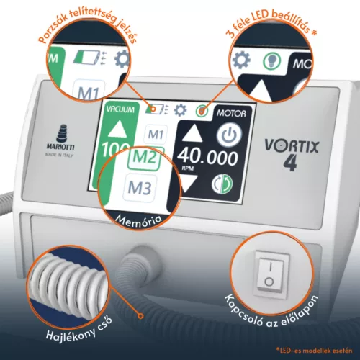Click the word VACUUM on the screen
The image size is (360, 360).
click(120, 109)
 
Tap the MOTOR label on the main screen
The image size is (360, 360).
click(231, 113)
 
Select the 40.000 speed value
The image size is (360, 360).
click(208, 158)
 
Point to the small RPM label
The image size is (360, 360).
click(188, 168)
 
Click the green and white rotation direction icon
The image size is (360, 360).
click(222, 184)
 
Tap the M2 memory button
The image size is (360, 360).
click(145, 158)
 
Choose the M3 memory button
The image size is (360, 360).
click(140, 188)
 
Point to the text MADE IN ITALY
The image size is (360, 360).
click(59, 155)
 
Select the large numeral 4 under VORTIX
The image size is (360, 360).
click(290, 163)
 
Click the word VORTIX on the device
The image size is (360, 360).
click(292, 146)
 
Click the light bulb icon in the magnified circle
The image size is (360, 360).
click(272, 61)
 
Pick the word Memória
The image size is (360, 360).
click(139, 221)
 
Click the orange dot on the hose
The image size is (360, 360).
click(140, 315)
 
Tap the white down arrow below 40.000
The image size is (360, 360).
click(189, 184)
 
